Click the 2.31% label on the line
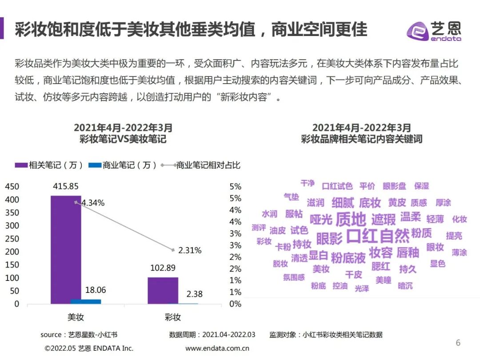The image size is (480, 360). click(189, 250)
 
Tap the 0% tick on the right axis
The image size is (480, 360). click(235, 304)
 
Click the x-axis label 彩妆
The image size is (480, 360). click(172, 317)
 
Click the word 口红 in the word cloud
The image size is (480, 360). click(362, 236)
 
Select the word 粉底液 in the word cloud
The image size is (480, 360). click(348, 257)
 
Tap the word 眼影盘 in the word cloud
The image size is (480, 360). click(394, 186)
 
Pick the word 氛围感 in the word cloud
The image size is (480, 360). click(294, 277)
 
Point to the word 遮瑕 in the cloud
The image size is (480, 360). click(383, 219)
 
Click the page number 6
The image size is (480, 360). click(458, 343)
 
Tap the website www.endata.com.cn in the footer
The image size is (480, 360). click(217, 348)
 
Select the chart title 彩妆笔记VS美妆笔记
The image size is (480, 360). click(123, 139)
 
